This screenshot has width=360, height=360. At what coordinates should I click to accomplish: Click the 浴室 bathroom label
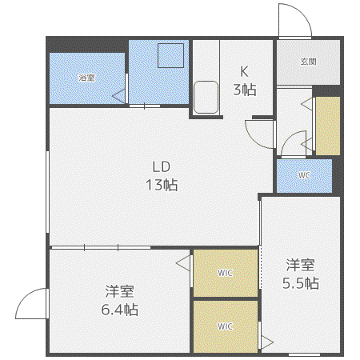point(86,78)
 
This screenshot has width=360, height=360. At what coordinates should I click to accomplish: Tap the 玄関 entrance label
point(309,62)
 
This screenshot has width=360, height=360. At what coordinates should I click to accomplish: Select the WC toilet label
point(304,175)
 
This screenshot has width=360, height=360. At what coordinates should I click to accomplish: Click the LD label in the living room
point(162,166)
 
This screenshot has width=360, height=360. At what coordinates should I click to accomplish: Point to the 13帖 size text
point(162,185)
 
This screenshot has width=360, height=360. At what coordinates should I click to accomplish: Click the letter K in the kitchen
point(244,71)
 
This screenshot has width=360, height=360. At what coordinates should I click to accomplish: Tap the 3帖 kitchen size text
point(245,90)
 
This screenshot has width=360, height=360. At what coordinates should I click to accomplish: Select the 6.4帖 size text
point(120,310)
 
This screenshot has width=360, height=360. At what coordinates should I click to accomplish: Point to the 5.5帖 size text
point(301,283)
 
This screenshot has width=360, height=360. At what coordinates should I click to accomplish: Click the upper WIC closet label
point(226,273)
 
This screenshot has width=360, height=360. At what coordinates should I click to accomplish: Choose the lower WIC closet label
point(226,326)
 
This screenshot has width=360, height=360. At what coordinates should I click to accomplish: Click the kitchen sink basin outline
point(206,97)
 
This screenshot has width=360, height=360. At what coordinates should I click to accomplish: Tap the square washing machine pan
point(170,55)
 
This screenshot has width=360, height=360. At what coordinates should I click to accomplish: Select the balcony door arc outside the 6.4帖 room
point(22,298)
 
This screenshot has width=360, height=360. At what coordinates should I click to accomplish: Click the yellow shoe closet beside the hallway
point(328,126)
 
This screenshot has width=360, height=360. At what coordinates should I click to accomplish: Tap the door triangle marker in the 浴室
point(119,96)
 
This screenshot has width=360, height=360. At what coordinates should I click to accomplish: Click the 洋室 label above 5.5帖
point(301,265)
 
